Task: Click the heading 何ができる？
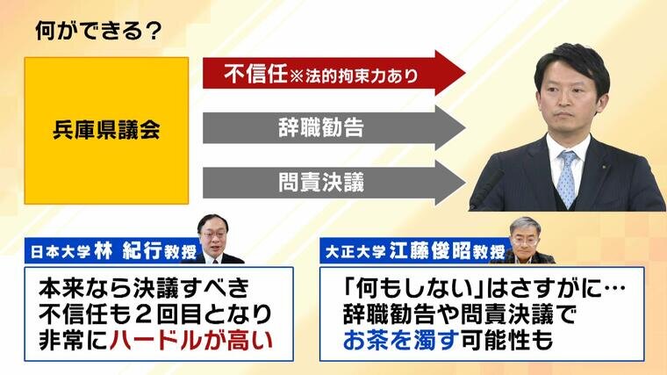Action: (98, 31)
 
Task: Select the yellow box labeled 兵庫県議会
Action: (106, 131)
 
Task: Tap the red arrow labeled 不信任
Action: (333, 73)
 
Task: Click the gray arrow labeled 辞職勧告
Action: (333, 127)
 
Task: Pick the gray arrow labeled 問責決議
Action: (333, 183)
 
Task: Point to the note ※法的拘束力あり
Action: (354, 76)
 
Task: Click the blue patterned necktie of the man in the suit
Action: (567, 179)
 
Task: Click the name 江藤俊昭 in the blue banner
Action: (430, 250)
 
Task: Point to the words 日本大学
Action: (61, 252)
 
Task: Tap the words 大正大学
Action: (355, 252)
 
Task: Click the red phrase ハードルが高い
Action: (190, 340)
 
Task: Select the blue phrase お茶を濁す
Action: (401, 340)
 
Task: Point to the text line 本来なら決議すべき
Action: (144, 289)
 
